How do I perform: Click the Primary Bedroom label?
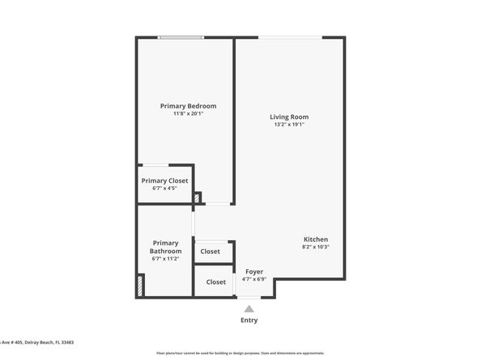coord(188,106)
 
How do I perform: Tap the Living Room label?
coord(289,117)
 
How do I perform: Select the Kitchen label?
coord(315,239)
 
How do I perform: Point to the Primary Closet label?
coord(164,180)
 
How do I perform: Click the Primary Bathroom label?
coord(165,247)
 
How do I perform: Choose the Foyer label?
coord(253,272)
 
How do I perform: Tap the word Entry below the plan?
coord(249,320)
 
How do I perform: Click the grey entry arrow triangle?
coord(249,307)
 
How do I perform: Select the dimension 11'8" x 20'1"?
coord(188,114)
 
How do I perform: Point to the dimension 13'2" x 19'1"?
coord(289,125)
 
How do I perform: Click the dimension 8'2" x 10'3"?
coord(315,248)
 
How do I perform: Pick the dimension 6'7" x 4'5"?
coord(164,188)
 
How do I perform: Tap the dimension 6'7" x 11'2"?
coord(165,260)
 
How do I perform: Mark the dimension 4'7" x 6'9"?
coord(253,280)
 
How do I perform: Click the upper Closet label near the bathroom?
coord(210,252)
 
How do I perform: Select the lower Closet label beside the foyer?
coord(216,282)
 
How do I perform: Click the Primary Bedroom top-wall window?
coord(181,37)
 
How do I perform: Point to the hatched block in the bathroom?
coord(141,286)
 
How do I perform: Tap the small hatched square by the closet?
coord(197,197)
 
